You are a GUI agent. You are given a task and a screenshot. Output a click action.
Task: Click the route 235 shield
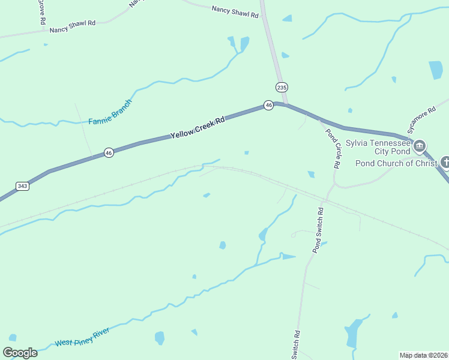(x=282, y=87)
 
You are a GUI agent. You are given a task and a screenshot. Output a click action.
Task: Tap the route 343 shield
(x=22, y=186)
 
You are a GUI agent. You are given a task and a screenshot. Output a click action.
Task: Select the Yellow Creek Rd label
(x=197, y=128)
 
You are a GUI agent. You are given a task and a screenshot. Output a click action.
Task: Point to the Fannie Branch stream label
(x=110, y=112)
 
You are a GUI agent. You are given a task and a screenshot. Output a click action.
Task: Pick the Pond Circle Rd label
(x=333, y=148)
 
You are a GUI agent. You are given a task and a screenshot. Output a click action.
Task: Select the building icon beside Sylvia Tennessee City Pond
(x=420, y=146)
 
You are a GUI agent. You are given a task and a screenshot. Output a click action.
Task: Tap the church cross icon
(x=445, y=162)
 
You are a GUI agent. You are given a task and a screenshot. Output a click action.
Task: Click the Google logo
(x=20, y=352)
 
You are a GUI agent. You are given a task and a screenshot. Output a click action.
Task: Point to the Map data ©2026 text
(x=424, y=355)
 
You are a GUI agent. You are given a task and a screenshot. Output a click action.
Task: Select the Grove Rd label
(x=42, y=11)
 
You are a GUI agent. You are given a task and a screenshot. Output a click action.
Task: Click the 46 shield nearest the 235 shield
(x=268, y=106)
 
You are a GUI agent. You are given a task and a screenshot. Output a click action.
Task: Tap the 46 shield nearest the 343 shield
(x=108, y=153)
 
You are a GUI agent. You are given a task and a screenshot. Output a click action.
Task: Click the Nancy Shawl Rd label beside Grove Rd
(x=73, y=26)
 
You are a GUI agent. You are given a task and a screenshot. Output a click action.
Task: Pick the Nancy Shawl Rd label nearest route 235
(x=235, y=11)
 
